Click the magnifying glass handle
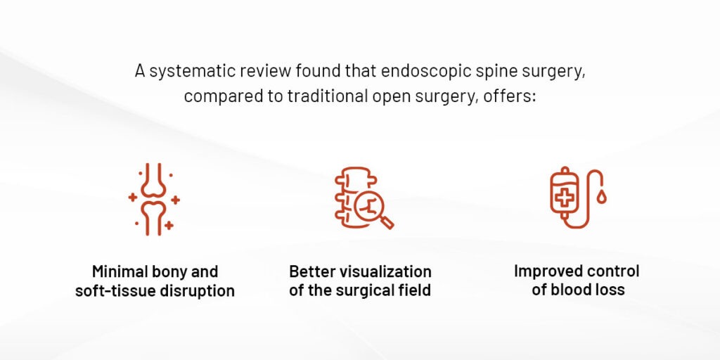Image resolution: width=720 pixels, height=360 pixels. click(387, 222)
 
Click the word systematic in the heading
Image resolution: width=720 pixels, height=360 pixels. click(185, 72)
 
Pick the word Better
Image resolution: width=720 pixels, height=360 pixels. click(312, 271)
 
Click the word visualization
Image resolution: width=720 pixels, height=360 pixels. click(385, 271)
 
